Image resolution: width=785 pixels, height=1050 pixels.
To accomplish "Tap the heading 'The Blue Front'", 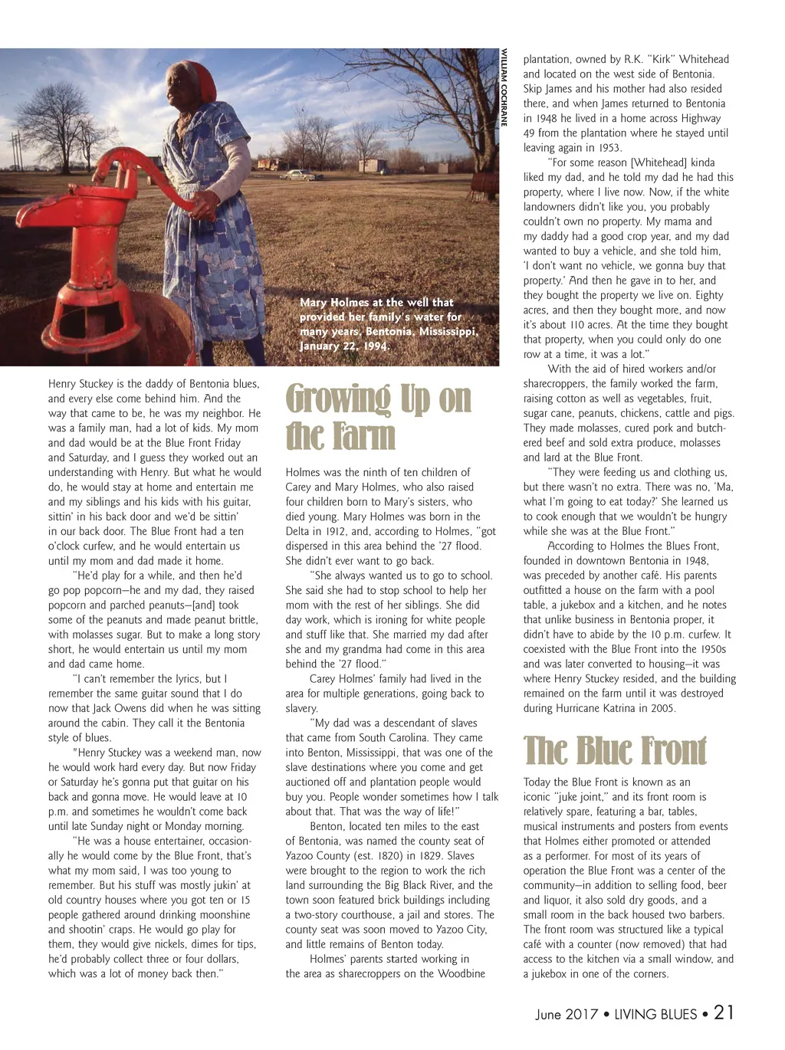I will pyautogui.click(x=615, y=751).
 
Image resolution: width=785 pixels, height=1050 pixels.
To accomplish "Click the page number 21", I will pyautogui.click(x=724, y=1012).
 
